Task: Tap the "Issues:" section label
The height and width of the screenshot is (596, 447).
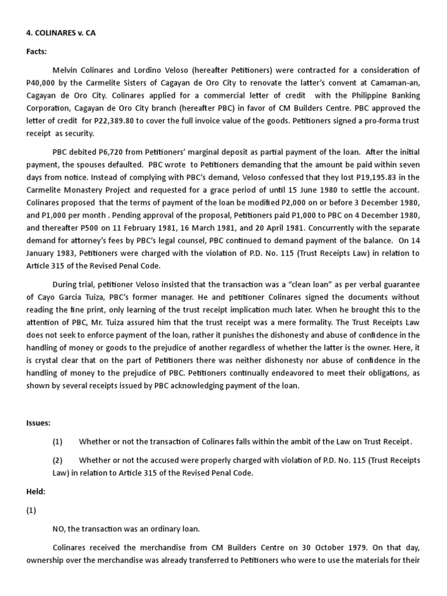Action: tap(38, 423)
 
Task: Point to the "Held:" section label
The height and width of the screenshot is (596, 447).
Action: tap(36, 492)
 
